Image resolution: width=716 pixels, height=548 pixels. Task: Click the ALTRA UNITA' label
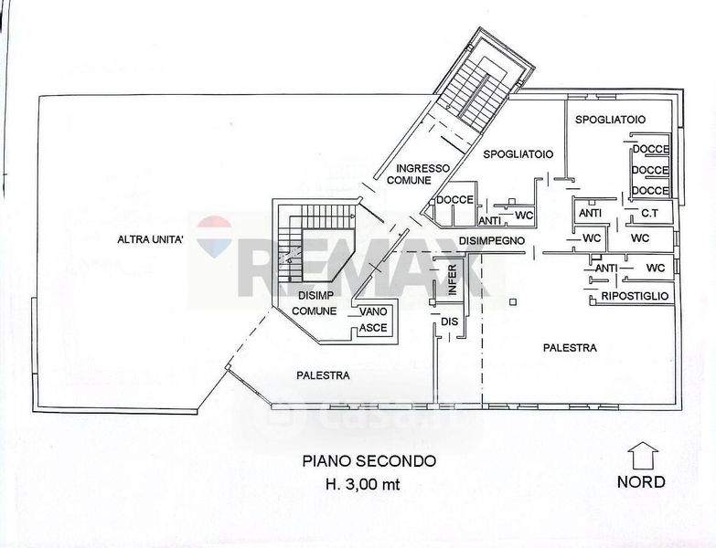pos(151,240)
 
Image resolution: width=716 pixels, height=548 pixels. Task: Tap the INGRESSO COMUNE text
pos(409,174)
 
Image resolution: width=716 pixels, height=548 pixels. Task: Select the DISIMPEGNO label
pos(491,239)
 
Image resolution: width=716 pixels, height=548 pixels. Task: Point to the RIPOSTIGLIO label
pos(636,298)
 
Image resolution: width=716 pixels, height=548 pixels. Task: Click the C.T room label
pos(650,214)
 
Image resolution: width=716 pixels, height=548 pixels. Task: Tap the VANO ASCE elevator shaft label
pos(373,319)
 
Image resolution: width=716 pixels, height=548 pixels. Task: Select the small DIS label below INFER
pos(448,321)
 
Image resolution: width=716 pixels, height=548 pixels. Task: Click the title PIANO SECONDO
pos(369,462)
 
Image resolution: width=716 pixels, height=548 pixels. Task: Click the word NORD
pos(641,482)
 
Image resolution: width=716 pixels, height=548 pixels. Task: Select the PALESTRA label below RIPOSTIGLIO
pos(569,348)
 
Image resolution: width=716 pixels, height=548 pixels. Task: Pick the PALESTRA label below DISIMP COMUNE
pos(323,374)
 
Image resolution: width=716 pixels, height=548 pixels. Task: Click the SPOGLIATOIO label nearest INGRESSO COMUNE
pos(518,154)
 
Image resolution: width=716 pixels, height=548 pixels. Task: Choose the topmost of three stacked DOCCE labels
pos(650,149)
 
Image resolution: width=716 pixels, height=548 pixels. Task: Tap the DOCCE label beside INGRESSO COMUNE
pos(454,200)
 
